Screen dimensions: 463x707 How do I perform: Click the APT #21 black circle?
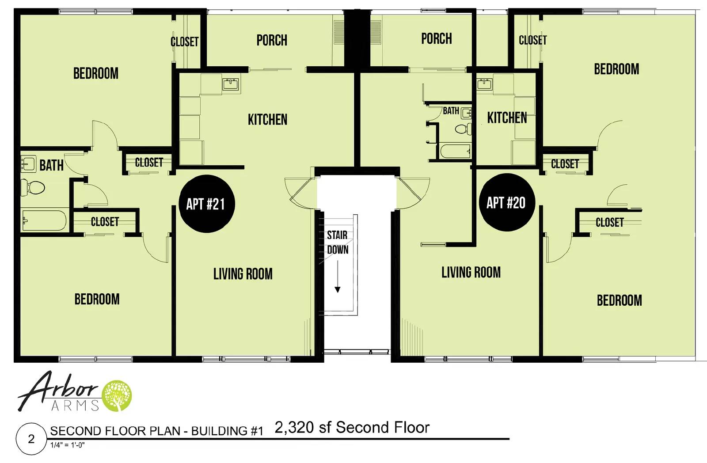click(x=206, y=204)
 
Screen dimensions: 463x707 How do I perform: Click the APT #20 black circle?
click(x=507, y=202)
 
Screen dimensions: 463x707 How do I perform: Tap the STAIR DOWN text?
click(x=337, y=242)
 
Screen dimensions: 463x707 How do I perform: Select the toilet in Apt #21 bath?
click(x=34, y=188)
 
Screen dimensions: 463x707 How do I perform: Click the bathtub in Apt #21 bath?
click(x=43, y=220)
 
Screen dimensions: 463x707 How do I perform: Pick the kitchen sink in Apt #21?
click(x=231, y=84)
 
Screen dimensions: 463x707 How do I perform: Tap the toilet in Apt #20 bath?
click(x=462, y=129)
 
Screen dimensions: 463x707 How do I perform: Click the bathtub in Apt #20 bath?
click(x=455, y=151)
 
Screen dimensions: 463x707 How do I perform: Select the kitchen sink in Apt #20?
click(x=485, y=84)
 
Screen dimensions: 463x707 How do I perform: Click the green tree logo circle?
click(x=117, y=396)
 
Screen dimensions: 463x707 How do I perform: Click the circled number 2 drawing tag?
click(x=31, y=439)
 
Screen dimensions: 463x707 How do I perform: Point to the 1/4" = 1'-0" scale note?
click(x=67, y=445)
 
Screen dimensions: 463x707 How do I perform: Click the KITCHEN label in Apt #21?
click(x=267, y=119)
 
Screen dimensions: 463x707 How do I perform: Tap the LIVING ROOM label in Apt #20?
click(x=471, y=272)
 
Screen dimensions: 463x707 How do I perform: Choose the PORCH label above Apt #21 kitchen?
click(x=272, y=40)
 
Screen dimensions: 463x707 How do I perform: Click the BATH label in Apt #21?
click(x=51, y=166)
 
